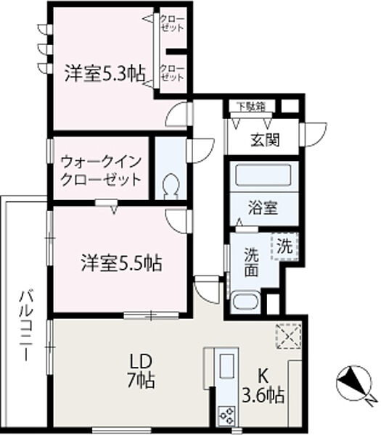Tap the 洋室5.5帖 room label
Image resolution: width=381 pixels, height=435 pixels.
(x=121, y=262)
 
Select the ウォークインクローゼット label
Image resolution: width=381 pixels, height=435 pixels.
(x=99, y=170)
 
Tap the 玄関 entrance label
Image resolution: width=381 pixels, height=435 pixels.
(x=266, y=140)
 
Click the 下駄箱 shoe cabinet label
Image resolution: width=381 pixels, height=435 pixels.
(x=250, y=107)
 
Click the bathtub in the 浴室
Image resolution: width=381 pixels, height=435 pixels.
(x=262, y=175)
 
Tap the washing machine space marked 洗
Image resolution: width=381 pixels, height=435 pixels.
(x=285, y=245)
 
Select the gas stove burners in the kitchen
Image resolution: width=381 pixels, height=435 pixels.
(x=226, y=414)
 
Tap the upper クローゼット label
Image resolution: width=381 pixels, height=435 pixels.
(x=172, y=22)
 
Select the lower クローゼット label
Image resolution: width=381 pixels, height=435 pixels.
(x=172, y=73)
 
